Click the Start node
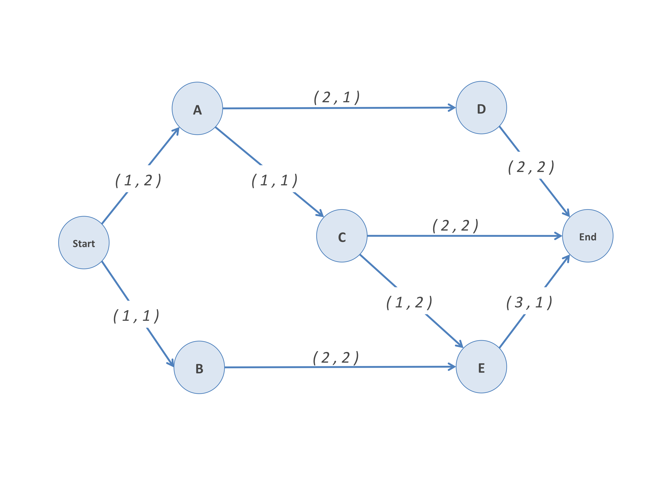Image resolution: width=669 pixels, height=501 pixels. click(x=84, y=243)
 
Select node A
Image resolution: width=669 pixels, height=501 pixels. click(x=197, y=108)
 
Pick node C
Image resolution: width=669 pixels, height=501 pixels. click(x=342, y=236)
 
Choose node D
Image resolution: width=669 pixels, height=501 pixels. click(x=481, y=108)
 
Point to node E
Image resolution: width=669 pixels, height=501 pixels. click(x=481, y=367)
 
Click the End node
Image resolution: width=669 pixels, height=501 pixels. click(x=588, y=236)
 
